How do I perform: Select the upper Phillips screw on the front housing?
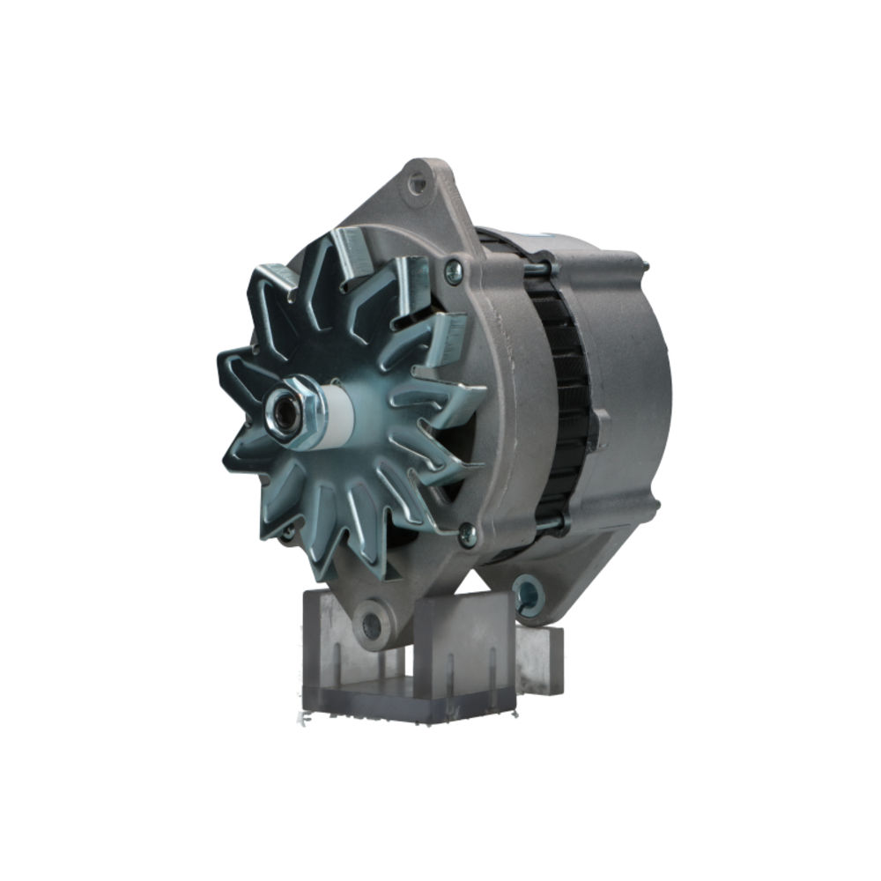coord(454,271)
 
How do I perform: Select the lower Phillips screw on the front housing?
coord(467,532)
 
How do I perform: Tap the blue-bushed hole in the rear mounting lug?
coord(528,594)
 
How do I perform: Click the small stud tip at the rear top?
coord(645,264)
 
